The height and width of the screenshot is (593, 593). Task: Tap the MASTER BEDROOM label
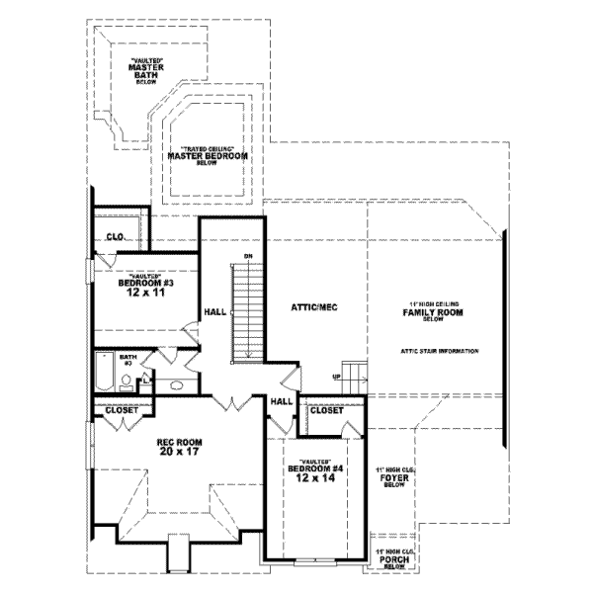click(x=207, y=156)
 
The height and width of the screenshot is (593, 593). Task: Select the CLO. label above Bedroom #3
click(x=115, y=237)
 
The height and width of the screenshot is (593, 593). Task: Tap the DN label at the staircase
click(x=249, y=258)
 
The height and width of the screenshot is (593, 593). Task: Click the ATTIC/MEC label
click(x=314, y=308)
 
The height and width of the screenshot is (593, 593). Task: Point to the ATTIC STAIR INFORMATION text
click(x=440, y=352)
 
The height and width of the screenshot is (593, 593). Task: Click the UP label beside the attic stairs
click(x=336, y=377)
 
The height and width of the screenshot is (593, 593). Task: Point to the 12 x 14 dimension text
click(x=312, y=478)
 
